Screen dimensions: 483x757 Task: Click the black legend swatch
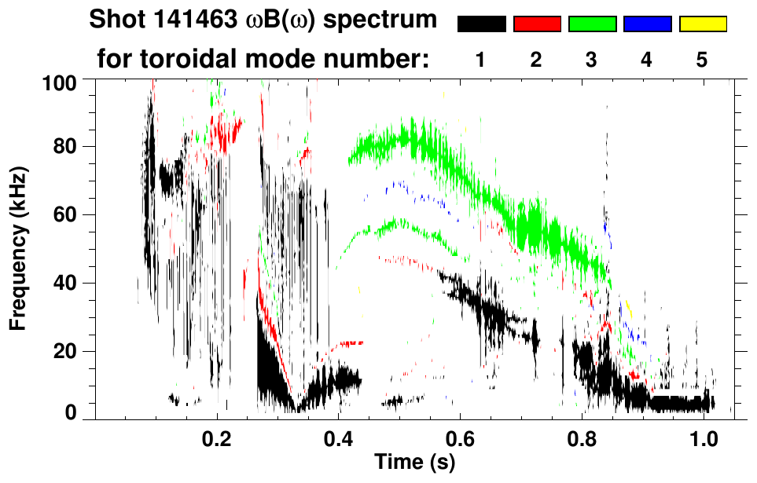(482, 24)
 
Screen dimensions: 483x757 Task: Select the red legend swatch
(537, 24)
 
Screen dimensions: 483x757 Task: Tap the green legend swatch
(592, 24)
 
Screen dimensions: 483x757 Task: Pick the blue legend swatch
(647, 24)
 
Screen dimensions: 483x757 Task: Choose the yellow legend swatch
(703, 24)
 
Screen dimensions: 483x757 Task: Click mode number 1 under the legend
(481, 60)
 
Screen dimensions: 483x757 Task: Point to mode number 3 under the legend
(592, 60)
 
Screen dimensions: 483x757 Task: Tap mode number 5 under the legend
(702, 60)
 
